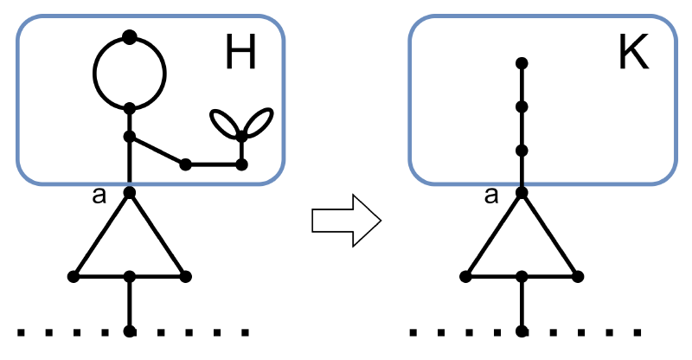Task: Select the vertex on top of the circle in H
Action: [x=130, y=36]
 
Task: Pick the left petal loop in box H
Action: [x=227, y=124]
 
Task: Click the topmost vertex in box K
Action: [x=522, y=63]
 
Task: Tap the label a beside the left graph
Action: [x=99, y=196]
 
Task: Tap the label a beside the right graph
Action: [x=491, y=196]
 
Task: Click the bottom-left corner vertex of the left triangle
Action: [x=74, y=277]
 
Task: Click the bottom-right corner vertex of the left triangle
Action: [x=185, y=277]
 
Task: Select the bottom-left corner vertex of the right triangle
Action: [x=465, y=277]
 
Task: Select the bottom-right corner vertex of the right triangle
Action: [x=577, y=277]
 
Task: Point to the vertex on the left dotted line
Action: [x=130, y=331]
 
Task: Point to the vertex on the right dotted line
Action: [x=522, y=331]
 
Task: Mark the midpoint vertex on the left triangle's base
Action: [x=130, y=277]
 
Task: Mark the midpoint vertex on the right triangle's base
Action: [x=522, y=277]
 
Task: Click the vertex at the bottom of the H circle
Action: [x=130, y=108]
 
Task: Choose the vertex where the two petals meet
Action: [x=242, y=135]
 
